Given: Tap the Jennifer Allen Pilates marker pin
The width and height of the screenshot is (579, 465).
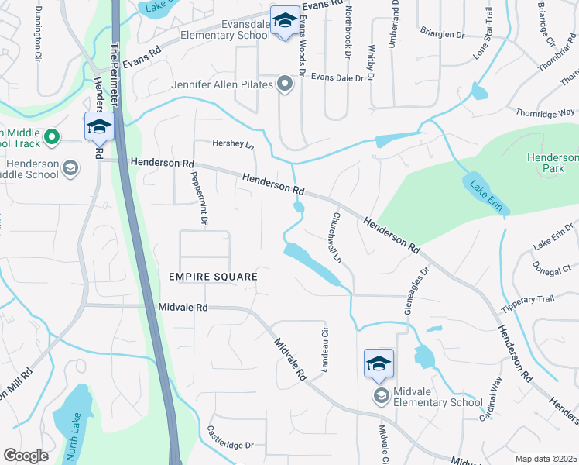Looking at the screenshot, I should point(286,84).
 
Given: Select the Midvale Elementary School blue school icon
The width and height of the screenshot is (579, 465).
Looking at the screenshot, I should point(379,363).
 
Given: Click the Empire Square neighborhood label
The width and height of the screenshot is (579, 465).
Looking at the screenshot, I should point(212,277).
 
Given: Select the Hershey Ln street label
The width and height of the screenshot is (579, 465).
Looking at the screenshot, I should point(233,144).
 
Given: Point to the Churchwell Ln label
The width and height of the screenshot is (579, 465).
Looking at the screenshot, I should point(337,237).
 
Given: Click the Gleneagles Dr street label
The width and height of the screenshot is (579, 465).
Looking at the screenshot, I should point(416,291).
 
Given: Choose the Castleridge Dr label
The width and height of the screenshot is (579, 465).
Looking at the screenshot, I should point(231,445).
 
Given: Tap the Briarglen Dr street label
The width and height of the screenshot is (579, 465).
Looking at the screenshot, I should point(442,35).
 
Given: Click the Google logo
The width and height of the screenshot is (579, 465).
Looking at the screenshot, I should point(25,456).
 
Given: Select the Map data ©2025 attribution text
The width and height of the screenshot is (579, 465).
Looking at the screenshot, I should point(546,459).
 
